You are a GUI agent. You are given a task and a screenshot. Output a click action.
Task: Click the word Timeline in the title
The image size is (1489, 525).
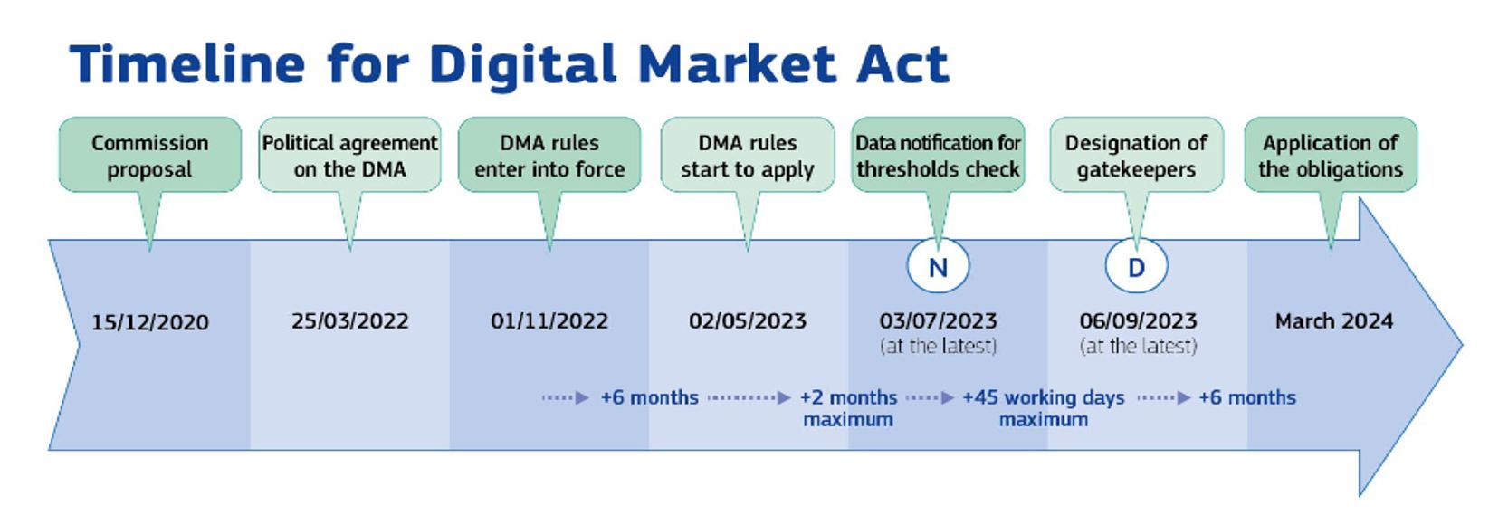pyautogui.click(x=187, y=64)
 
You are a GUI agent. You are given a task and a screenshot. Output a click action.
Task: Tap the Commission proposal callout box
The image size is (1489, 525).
pyautogui.click(x=150, y=155)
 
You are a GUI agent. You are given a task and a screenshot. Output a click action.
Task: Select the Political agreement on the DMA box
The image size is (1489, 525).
pyautogui.click(x=349, y=155)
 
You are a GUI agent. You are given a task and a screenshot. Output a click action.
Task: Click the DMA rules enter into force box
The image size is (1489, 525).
pyautogui.click(x=549, y=155)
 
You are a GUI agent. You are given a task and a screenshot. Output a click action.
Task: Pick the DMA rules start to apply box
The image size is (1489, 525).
pyautogui.click(x=748, y=155)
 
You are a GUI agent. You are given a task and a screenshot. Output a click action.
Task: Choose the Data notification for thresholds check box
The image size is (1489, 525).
pyautogui.click(x=938, y=155)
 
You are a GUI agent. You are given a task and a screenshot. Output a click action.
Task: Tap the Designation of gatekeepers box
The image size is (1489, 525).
pyautogui.click(x=1137, y=155)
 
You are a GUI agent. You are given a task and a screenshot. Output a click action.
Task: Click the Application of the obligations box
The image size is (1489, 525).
pyautogui.click(x=1331, y=155)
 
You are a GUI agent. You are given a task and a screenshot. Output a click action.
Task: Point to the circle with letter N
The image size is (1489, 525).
pyautogui.click(x=938, y=266)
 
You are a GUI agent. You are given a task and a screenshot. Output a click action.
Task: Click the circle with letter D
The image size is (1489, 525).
pyautogui.click(x=1137, y=266)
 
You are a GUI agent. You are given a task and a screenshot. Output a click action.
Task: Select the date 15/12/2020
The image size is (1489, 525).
pyautogui.click(x=150, y=322)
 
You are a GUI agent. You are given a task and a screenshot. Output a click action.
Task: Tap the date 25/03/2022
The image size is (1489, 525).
pyautogui.click(x=349, y=321)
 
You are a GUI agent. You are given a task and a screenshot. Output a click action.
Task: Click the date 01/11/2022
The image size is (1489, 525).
pyautogui.click(x=549, y=321)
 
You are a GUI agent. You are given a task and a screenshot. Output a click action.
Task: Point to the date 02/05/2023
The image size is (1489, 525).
pyautogui.click(x=748, y=321)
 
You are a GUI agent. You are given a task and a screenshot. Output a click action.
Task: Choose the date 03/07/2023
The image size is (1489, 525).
pyautogui.click(x=938, y=321)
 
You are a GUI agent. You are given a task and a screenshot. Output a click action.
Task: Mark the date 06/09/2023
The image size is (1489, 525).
pyautogui.click(x=1138, y=321)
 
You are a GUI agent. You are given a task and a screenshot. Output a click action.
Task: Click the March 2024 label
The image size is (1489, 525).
pyautogui.click(x=1334, y=321)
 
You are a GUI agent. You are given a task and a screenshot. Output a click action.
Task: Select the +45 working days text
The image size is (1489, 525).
pyautogui.click(x=1044, y=397)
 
